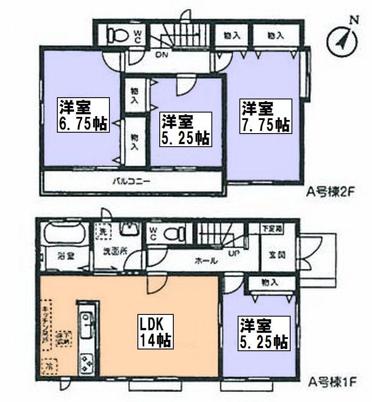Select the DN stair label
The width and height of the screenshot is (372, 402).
pyautogui.click(x=162, y=55)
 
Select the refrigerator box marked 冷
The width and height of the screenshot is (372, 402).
pyautogui.click(x=50, y=364)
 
